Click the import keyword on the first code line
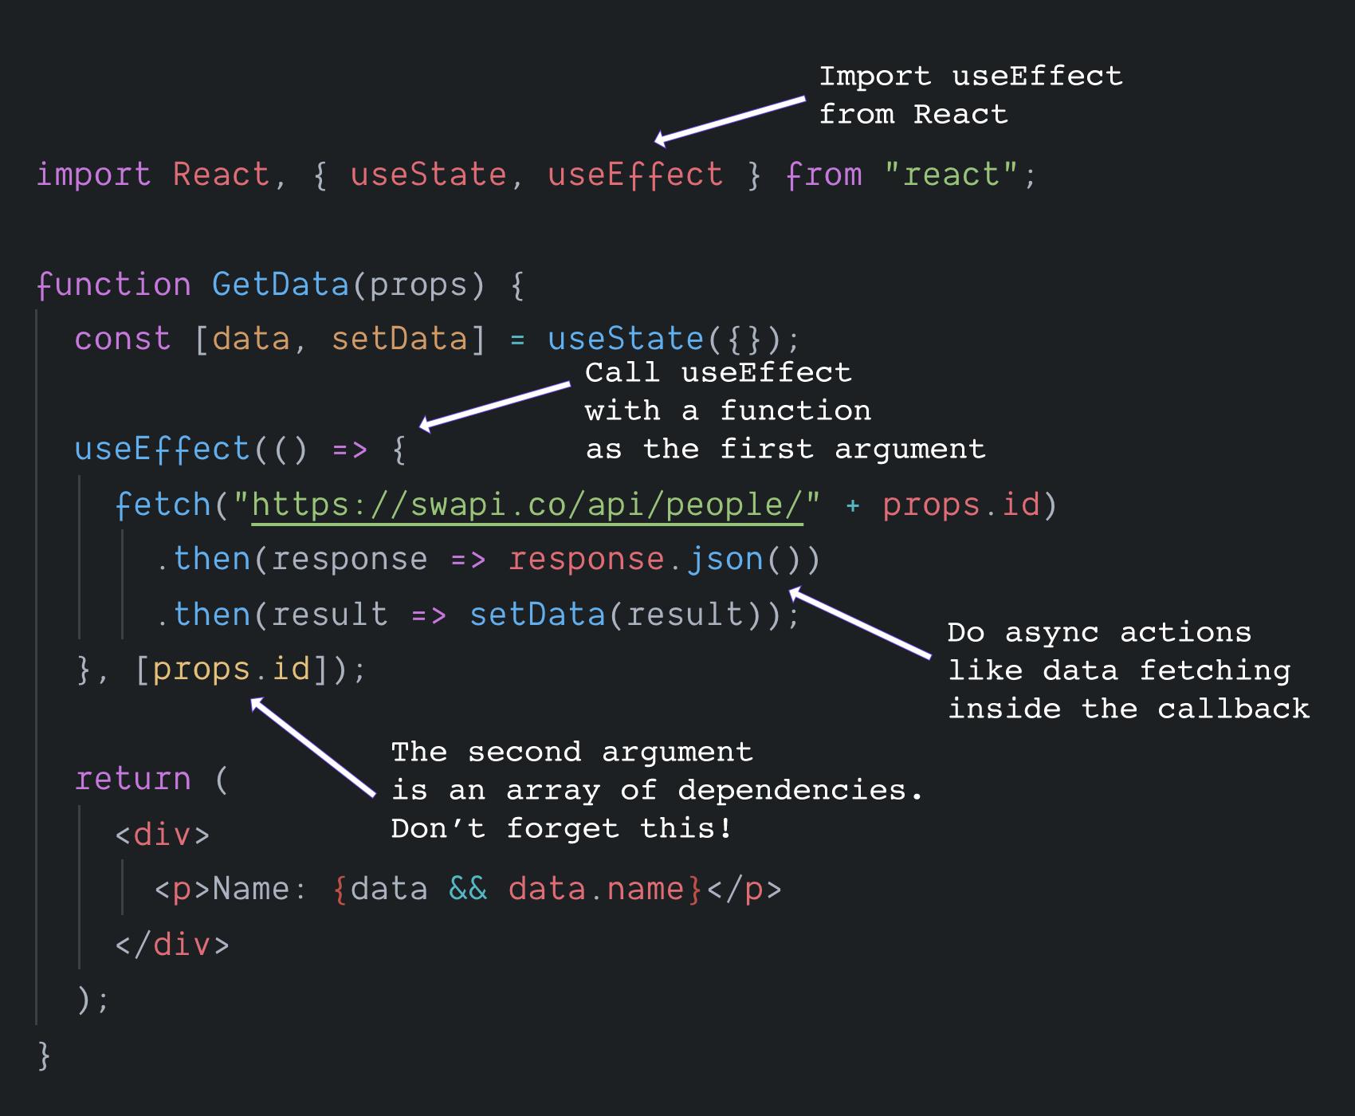tap(93, 175)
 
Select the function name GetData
tap(281, 285)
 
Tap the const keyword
tap(122, 339)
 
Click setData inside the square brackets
tap(399, 339)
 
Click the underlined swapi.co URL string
tap(527, 505)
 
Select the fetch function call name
tap(163, 505)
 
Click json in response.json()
tap(725, 560)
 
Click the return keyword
tap(133, 779)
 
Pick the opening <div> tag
tap(163, 835)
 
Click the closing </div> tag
tap(172, 945)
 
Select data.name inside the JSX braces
tap(596, 889)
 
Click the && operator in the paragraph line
tap(468, 889)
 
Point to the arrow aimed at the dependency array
tap(312, 746)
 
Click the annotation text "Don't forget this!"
tap(561, 829)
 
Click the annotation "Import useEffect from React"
tap(970, 96)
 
